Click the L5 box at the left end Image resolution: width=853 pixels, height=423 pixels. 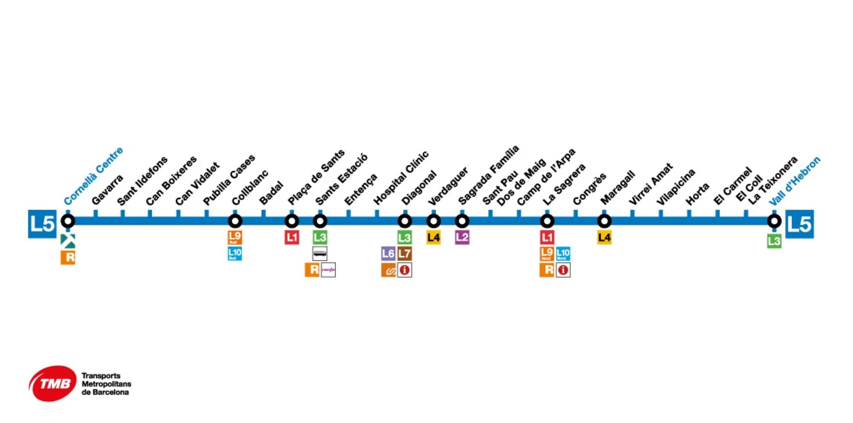pos(42,224)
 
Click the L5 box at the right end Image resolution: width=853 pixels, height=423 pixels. pos(800,224)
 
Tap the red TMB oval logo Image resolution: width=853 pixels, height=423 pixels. pos(53,384)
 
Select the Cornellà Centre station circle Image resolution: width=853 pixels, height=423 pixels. pos(68,221)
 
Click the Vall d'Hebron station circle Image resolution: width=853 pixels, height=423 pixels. pos(774,221)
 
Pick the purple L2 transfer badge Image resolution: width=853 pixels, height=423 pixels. pos(462,237)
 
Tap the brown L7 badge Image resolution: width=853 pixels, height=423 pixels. pos(405,254)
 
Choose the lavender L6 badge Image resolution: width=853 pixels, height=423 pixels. pos(388,254)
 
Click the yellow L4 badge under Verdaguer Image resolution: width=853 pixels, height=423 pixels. pos(434,237)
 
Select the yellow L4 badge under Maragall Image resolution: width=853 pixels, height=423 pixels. pos(604,237)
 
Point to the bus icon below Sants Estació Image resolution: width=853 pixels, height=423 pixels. pos(320,253)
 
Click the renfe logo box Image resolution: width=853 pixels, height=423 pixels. pos(329,270)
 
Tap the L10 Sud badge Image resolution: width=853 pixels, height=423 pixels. pos(235,254)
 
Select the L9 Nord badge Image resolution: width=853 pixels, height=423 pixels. pos(547,254)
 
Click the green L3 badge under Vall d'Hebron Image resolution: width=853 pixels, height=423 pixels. pos(774,241)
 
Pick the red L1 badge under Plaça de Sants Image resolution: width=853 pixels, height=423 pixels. pos(292,237)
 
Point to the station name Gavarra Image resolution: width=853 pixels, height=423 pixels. pos(107,190)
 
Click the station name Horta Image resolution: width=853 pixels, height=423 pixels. pos(697,194)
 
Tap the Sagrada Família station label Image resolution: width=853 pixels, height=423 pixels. pos(488,174)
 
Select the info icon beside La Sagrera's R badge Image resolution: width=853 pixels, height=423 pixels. pos(563,270)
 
